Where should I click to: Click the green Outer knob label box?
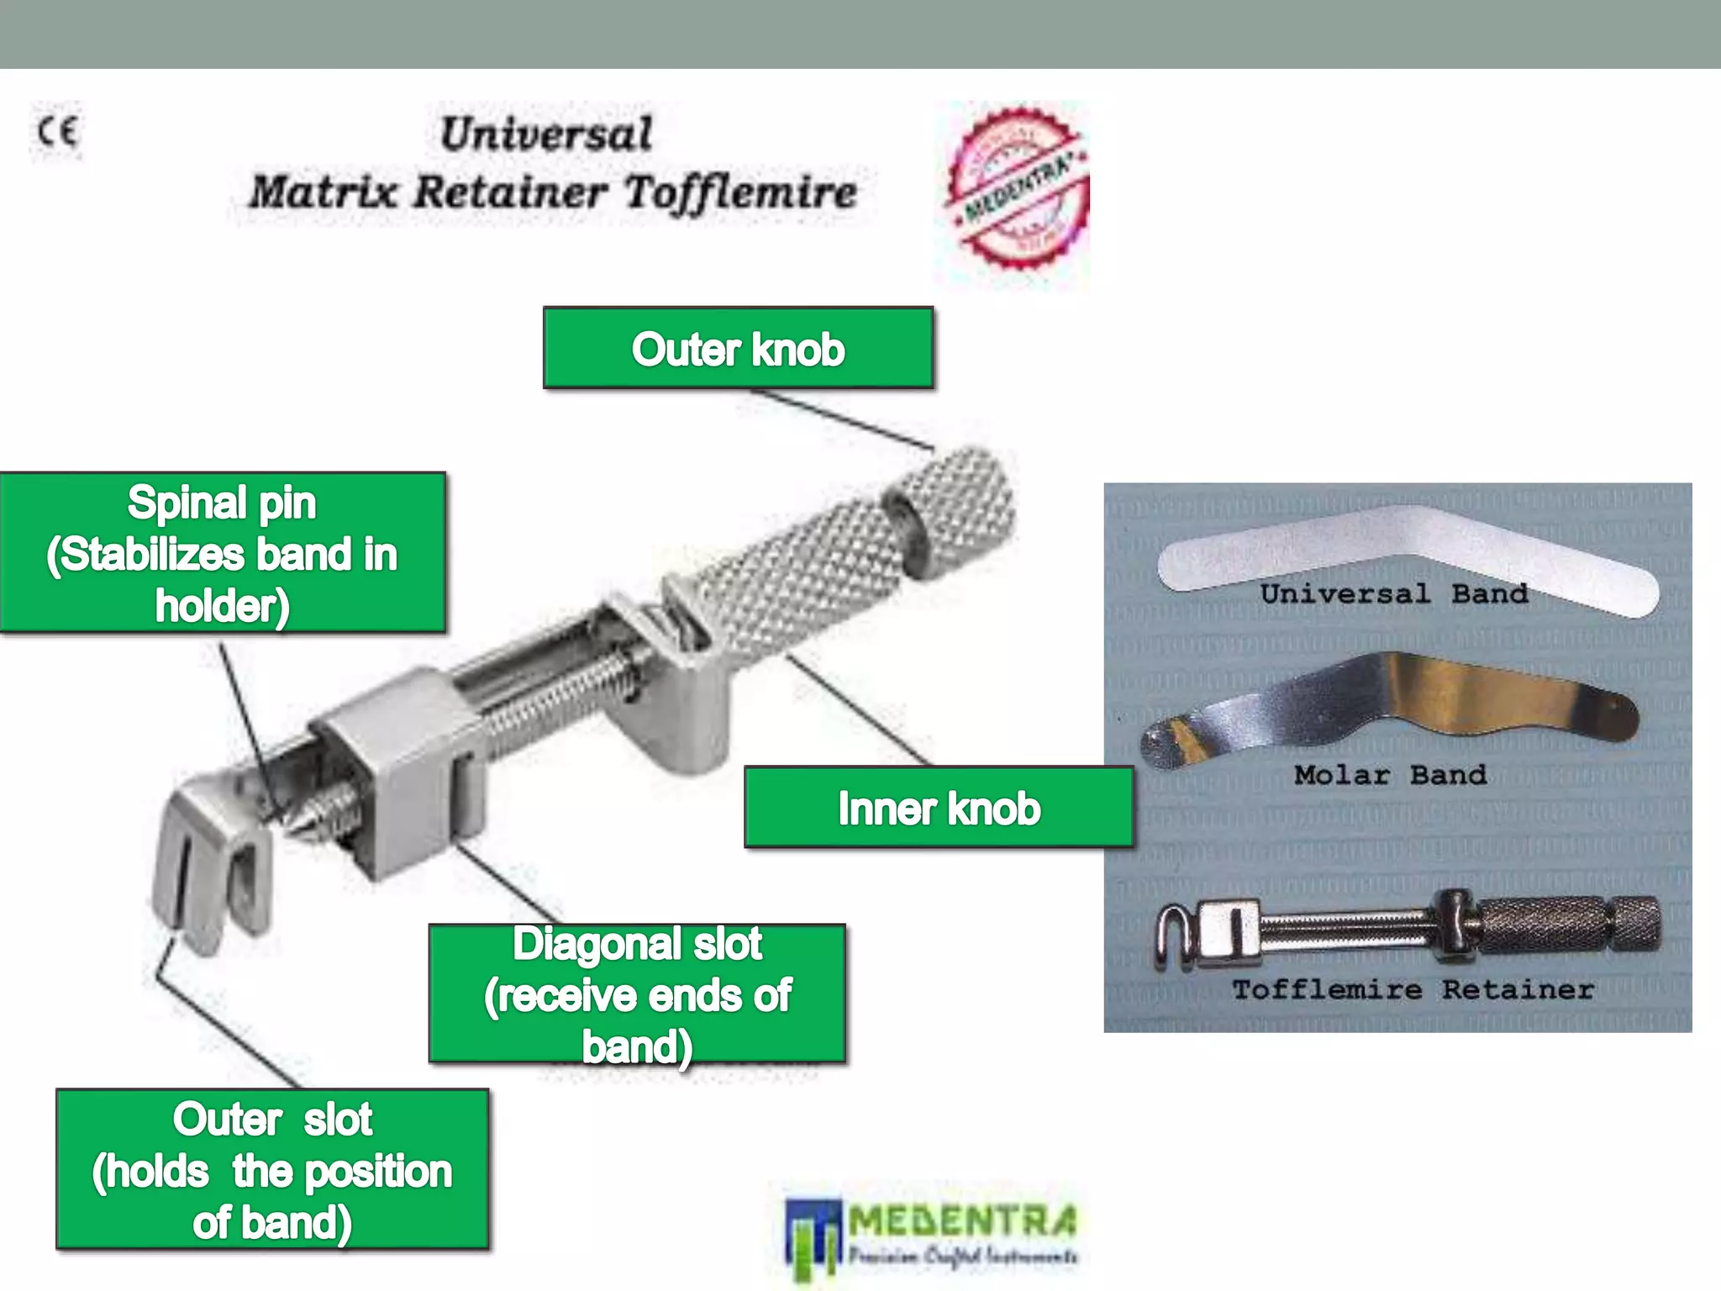[738, 348]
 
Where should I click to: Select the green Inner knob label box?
[939, 808]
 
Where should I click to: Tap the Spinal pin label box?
[223, 553]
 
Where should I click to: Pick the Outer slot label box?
[272, 1169]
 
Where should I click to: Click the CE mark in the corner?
[57, 132]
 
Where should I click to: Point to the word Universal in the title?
[546, 134]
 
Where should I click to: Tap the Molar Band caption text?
[1390, 775]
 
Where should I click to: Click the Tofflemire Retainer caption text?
[1413, 990]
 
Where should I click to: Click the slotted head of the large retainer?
[210, 866]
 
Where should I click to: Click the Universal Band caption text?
[1394, 593]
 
